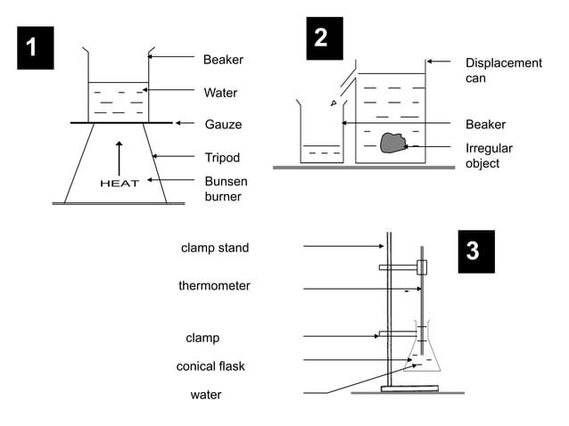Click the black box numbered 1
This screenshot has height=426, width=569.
click(x=32, y=48)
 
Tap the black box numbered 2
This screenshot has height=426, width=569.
click(x=322, y=38)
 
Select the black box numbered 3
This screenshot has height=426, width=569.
click(x=474, y=251)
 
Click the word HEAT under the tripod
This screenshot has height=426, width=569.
click(x=119, y=184)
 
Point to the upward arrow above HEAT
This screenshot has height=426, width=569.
click(x=119, y=157)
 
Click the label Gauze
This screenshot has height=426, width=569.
click(x=223, y=124)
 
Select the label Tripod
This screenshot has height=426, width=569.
click(x=223, y=158)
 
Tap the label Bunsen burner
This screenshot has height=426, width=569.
click(x=226, y=188)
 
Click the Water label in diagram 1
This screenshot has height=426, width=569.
click(x=220, y=92)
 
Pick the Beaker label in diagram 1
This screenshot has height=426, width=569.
click(x=223, y=60)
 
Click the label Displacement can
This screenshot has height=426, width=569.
click(x=503, y=70)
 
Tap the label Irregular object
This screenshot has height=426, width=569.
click(x=489, y=156)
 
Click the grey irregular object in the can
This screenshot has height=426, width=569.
click(x=392, y=142)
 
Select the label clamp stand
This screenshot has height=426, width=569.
click(x=215, y=248)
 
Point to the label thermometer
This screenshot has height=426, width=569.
click(x=214, y=286)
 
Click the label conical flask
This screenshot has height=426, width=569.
click(x=210, y=366)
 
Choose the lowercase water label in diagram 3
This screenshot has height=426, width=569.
click(x=206, y=394)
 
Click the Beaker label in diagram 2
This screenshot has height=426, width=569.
click(x=485, y=124)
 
